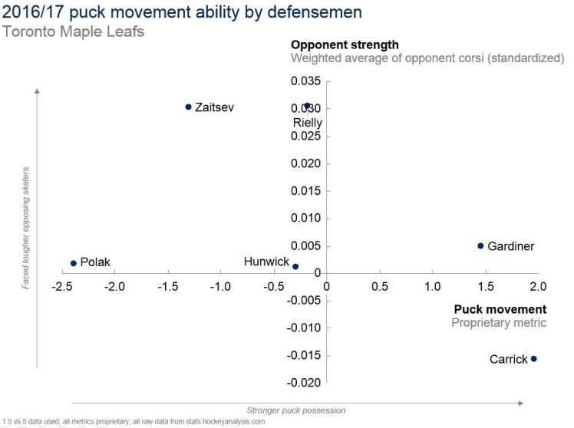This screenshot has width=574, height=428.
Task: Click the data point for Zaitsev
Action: click(x=188, y=107)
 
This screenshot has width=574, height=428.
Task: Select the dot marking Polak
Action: click(x=74, y=263)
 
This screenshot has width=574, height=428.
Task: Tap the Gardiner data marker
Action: click(x=480, y=246)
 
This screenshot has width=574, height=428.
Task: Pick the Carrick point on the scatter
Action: click(x=534, y=359)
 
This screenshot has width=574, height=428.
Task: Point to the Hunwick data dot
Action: click(x=295, y=266)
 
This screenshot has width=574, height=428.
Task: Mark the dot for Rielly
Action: click(x=307, y=106)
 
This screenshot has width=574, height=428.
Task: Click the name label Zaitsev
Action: click(x=214, y=107)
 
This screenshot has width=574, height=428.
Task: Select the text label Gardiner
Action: click(x=510, y=246)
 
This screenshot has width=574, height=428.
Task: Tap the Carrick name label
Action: click(x=508, y=359)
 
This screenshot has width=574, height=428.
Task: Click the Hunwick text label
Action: click(x=266, y=262)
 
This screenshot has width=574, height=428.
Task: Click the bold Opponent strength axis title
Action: click(x=345, y=44)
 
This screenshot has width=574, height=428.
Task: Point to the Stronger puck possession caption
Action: click(x=295, y=410)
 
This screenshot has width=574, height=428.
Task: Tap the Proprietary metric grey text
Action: click(x=499, y=323)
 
